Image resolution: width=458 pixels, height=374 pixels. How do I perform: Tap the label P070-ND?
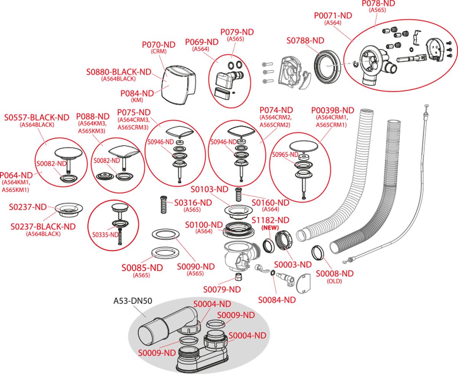(x=158, y=45)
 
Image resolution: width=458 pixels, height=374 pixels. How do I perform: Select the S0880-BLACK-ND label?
(x=119, y=72)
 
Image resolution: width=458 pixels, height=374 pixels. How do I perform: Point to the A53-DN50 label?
(x=133, y=301)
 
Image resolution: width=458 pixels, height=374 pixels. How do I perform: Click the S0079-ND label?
(x=222, y=289)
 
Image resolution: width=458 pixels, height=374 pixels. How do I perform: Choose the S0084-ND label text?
(x=277, y=300)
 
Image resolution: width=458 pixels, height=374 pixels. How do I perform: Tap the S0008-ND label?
(x=335, y=273)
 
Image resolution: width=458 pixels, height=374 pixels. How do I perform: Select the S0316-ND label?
(x=192, y=202)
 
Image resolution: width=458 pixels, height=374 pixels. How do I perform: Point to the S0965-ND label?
(x=285, y=155)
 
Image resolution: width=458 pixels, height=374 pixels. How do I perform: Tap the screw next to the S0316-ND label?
(x=163, y=206)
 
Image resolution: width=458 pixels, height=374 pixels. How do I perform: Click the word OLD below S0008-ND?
(x=334, y=281)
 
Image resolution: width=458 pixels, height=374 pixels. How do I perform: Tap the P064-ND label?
(x=16, y=175)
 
